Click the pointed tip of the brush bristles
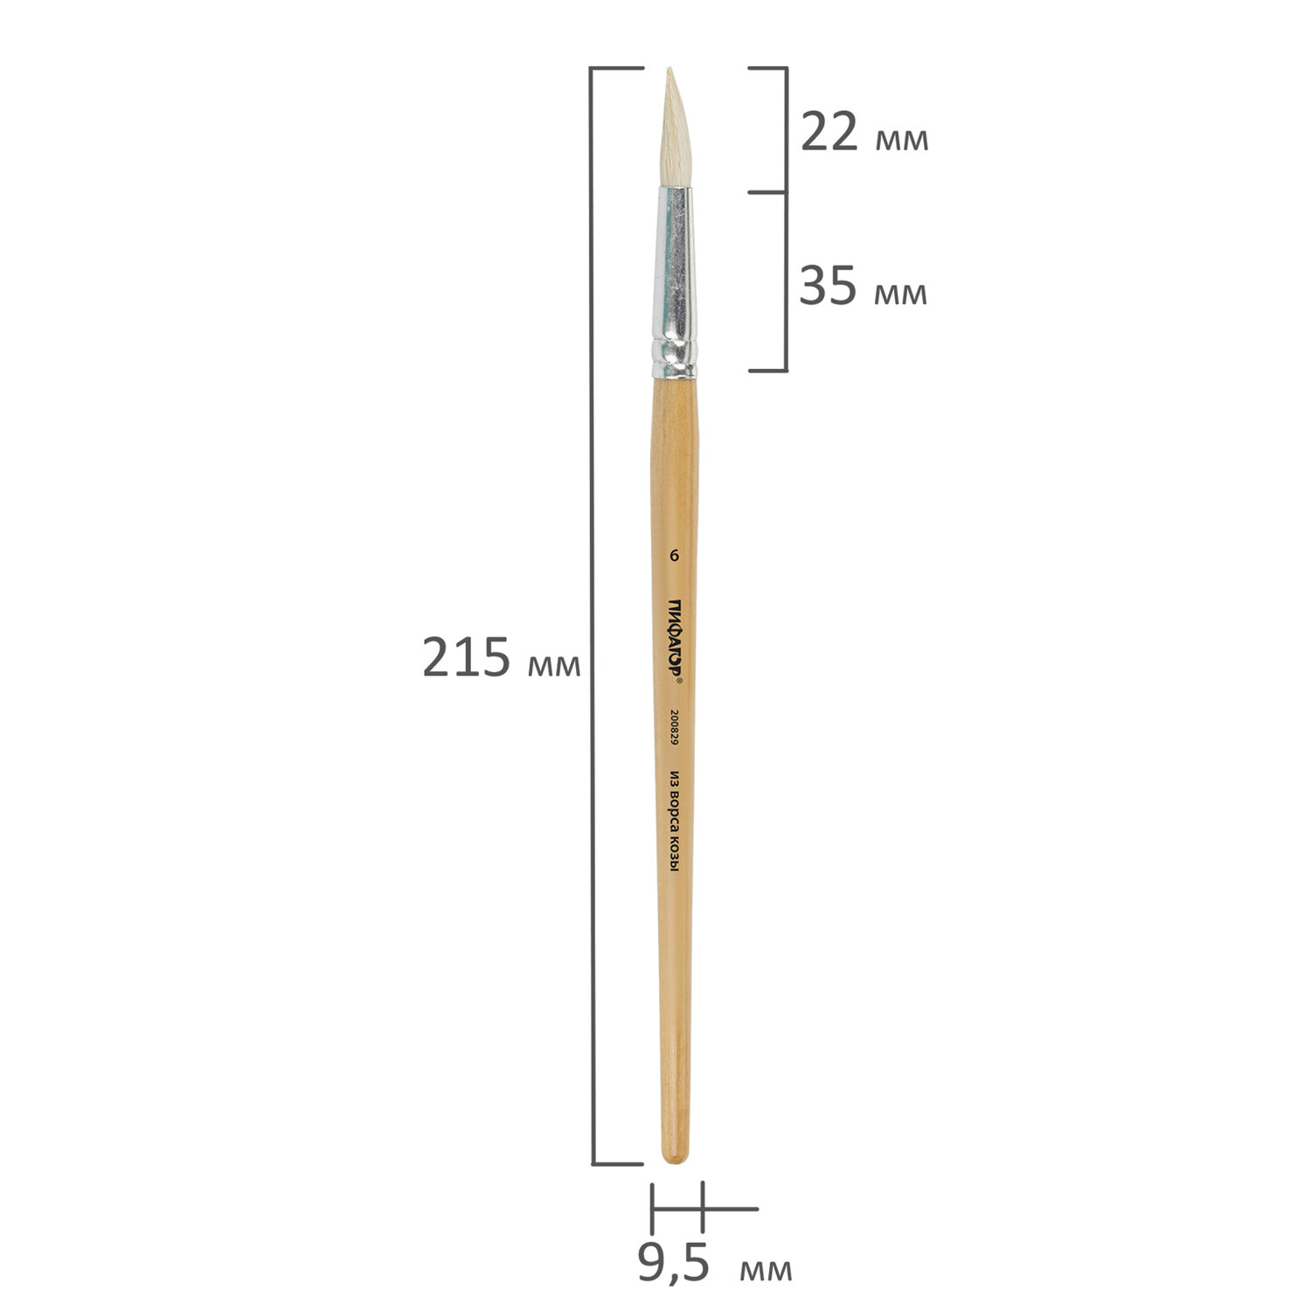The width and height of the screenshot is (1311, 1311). pyautogui.click(x=670, y=70)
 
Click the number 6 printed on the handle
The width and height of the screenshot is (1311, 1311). pyautogui.click(x=674, y=555)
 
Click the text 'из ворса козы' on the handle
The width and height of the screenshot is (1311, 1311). pyautogui.click(x=674, y=830)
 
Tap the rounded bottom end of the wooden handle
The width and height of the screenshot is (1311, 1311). pyautogui.click(x=675, y=1159)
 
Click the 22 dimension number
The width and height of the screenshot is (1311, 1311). pyautogui.click(x=829, y=134)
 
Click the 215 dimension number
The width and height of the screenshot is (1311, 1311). pyautogui.click(x=466, y=657)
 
